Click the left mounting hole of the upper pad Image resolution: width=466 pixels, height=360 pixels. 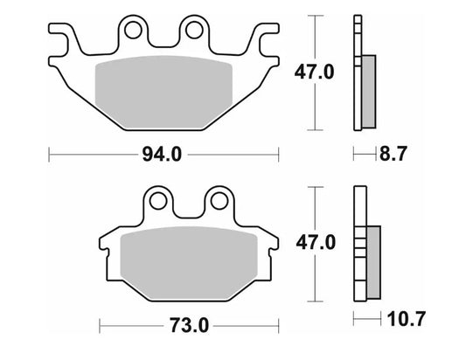(133, 32)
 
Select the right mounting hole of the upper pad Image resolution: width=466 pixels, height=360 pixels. (191, 32)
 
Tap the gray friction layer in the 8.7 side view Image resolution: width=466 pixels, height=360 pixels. (368, 91)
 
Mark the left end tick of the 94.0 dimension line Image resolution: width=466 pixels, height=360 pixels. (50, 156)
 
